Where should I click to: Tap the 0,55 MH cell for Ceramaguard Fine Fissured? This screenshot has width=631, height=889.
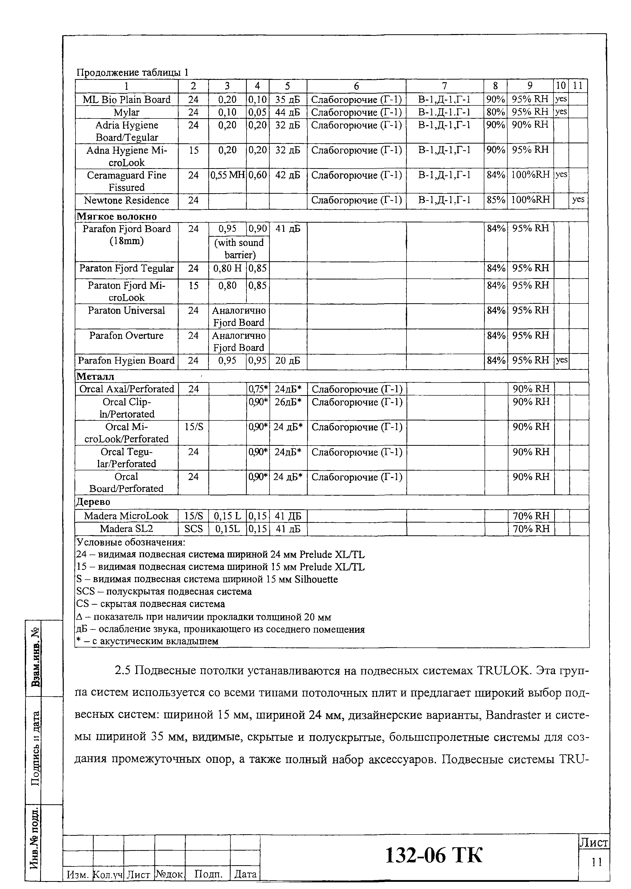tap(227, 175)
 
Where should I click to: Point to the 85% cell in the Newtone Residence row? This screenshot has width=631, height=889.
tap(495, 200)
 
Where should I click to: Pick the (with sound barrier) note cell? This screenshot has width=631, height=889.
tap(239, 248)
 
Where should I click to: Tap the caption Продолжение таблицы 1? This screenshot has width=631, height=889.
tap(132, 72)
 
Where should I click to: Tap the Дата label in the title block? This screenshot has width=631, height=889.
tap(245, 874)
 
